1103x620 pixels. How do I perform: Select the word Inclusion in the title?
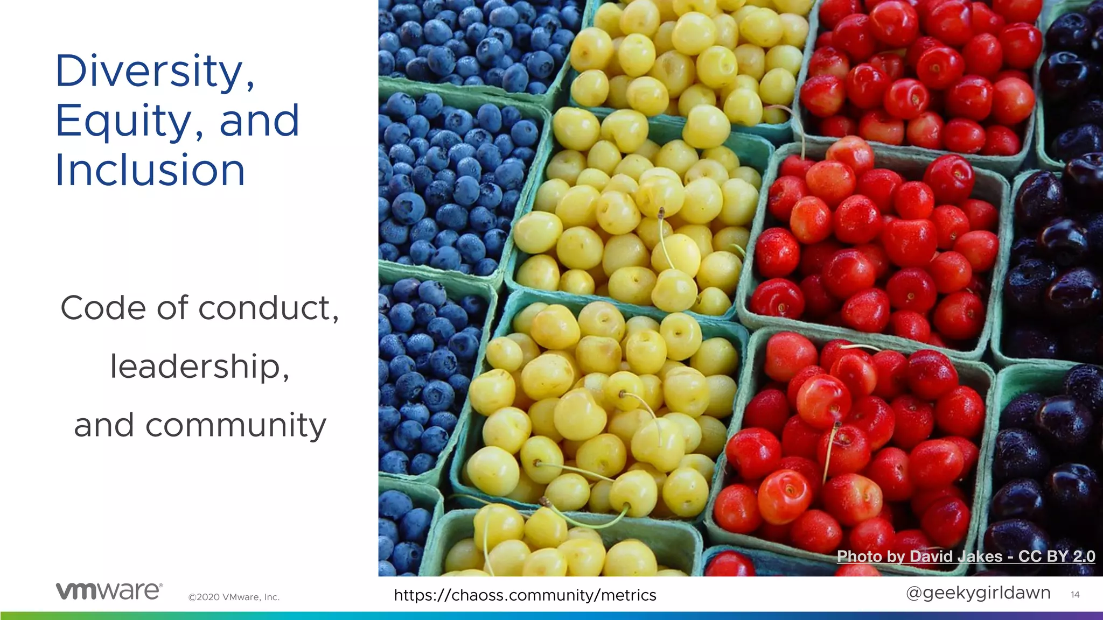pyautogui.click(x=150, y=170)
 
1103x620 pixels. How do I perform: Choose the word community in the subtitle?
pyautogui.click(x=236, y=426)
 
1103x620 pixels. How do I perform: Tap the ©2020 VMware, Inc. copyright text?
pyautogui.click(x=234, y=597)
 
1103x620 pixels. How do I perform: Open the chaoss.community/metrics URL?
pyautogui.click(x=525, y=595)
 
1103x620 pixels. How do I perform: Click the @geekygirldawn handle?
pyautogui.click(x=978, y=593)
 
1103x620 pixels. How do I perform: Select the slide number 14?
pyautogui.click(x=1075, y=595)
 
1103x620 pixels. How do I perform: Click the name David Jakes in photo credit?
pyautogui.click(x=956, y=556)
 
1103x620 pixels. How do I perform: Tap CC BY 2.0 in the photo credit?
pyautogui.click(x=1057, y=556)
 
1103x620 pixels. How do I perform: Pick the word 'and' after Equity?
pyautogui.click(x=259, y=122)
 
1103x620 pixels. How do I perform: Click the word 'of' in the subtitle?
pyautogui.click(x=172, y=308)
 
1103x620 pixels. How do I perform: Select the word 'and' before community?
pyautogui.click(x=103, y=426)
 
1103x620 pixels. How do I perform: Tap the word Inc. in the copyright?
pyautogui.click(x=271, y=597)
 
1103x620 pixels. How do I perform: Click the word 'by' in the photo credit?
pyautogui.click(x=896, y=556)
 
